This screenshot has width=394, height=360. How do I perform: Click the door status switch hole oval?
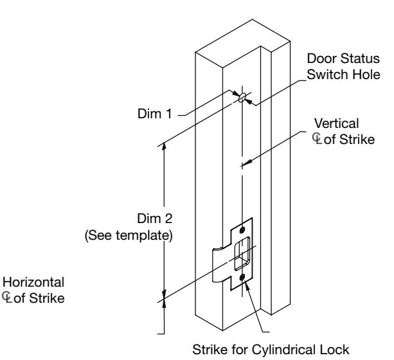(x=242, y=97)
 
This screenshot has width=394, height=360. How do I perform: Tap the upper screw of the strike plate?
(x=242, y=230)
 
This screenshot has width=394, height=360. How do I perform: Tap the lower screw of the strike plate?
(x=242, y=278)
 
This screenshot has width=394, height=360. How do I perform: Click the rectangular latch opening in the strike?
(x=242, y=253)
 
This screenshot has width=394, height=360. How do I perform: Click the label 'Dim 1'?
(x=154, y=114)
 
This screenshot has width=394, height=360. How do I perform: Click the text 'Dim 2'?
(x=155, y=218)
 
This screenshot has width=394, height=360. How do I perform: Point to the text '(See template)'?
(x=129, y=235)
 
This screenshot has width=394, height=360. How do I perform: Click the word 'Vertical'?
(x=336, y=123)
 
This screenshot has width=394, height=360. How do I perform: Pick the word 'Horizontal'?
(x=33, y=282)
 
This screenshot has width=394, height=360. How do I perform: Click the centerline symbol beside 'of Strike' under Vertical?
(x=317, y=139)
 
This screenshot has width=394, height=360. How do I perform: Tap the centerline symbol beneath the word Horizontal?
(x=7, y=298)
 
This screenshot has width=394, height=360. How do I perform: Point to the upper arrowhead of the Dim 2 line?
(x=164, y=147)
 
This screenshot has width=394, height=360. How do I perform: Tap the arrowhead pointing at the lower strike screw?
(x=247, y=285)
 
